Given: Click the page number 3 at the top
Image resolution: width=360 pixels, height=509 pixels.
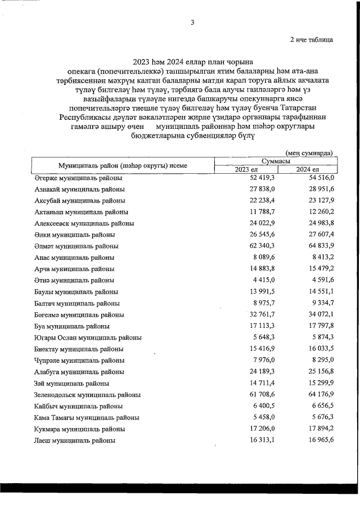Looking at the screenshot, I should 192,22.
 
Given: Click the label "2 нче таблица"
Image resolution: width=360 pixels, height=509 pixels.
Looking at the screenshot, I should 310,40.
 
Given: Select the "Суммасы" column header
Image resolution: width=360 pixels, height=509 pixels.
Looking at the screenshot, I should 275,161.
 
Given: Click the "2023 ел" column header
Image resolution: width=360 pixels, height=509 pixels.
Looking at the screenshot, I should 245,169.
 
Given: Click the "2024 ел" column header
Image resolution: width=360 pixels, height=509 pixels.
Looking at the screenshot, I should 307,169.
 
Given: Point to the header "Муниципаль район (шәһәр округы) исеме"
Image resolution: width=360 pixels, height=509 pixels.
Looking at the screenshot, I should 123,165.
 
